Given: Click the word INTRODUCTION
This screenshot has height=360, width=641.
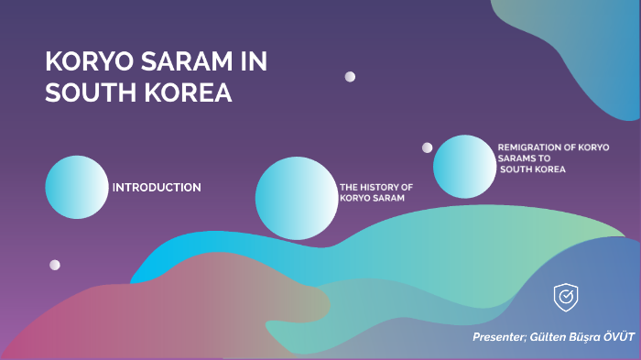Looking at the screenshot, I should click(x=157, y=188).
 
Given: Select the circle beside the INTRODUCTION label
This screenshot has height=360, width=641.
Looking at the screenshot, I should click(x=77, y=187).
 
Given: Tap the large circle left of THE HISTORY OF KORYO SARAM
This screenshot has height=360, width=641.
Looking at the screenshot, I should click(x=295, y=198).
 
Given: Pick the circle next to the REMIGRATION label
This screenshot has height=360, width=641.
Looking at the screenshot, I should click(x=463, y=167).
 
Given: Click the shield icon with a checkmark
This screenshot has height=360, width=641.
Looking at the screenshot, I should click(x=565, y=297).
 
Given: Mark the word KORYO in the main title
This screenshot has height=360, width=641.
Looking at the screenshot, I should click(x=81, y=64).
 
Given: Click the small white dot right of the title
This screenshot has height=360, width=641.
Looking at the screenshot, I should click(x=350, y=77).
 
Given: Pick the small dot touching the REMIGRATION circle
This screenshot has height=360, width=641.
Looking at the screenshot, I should click(x=427, y=147).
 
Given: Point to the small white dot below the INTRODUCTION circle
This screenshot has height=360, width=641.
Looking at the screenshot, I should click(x=55, y=265).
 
